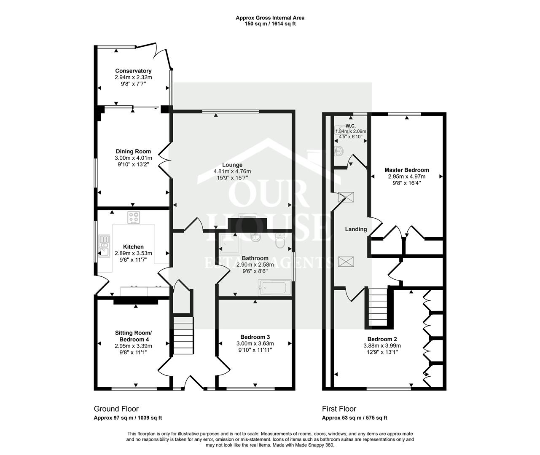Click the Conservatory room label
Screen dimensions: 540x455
point(133,71)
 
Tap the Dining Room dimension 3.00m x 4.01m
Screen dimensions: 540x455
point(133,158)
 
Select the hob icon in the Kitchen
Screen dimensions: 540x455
point(134,218)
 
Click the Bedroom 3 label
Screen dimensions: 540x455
point(255,337)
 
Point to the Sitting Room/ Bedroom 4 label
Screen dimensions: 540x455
point(133,336)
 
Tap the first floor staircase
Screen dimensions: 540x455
point(378,308)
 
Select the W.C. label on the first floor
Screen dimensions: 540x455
point(350,126)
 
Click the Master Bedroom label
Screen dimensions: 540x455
point(406,170)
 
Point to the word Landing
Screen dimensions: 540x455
point(356,229)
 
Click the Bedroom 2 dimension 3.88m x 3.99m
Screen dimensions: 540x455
point(382,346)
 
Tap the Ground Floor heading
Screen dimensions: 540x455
point(116,409)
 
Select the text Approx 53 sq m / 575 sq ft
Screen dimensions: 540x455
point(355,418)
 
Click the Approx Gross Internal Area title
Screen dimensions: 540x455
point(270,18)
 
